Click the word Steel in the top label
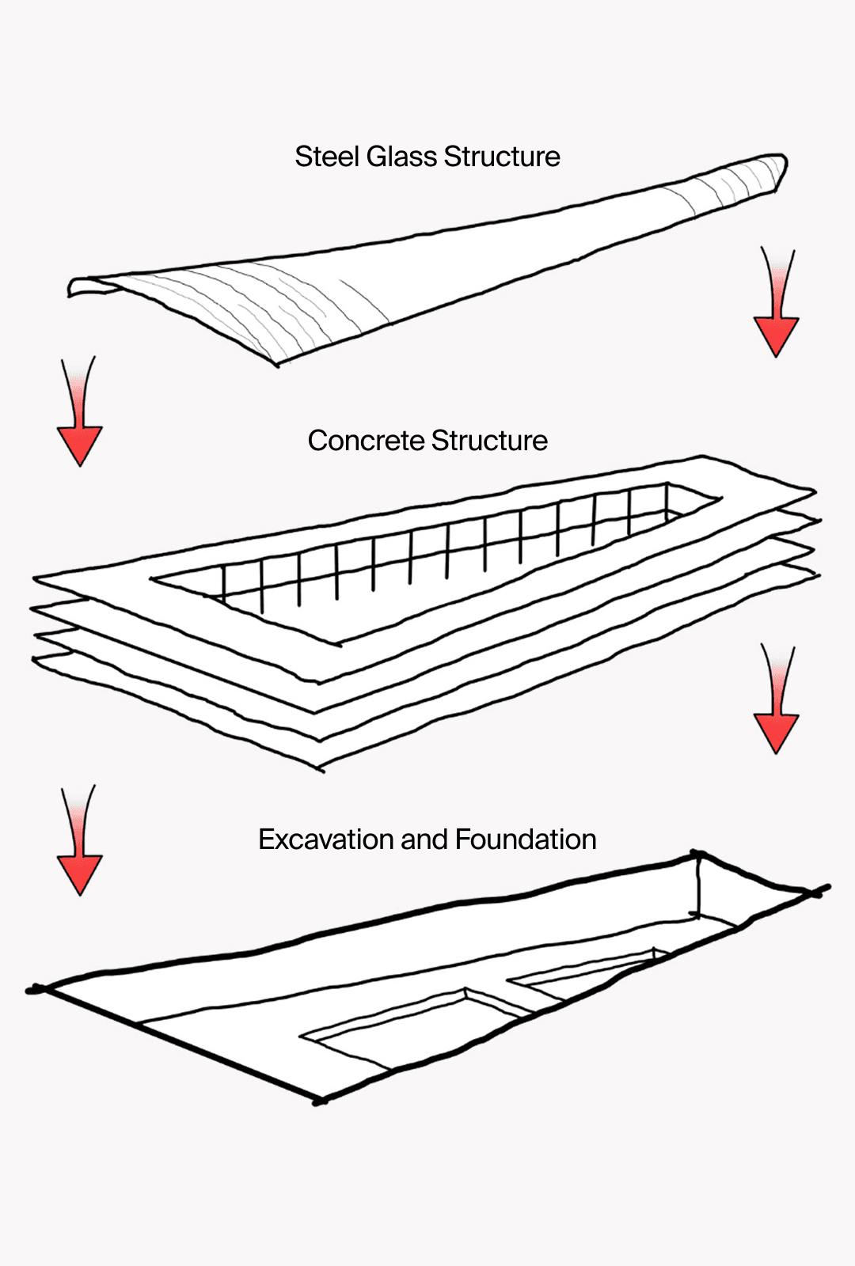click(x=327, y=157)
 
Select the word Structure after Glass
click(x=502, y=157)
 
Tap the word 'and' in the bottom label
click(x=424, y=840)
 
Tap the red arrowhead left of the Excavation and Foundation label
click(x=79, y=874)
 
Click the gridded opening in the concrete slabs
click(x=443, y=562)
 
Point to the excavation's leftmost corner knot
click(x=36, y=989)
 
